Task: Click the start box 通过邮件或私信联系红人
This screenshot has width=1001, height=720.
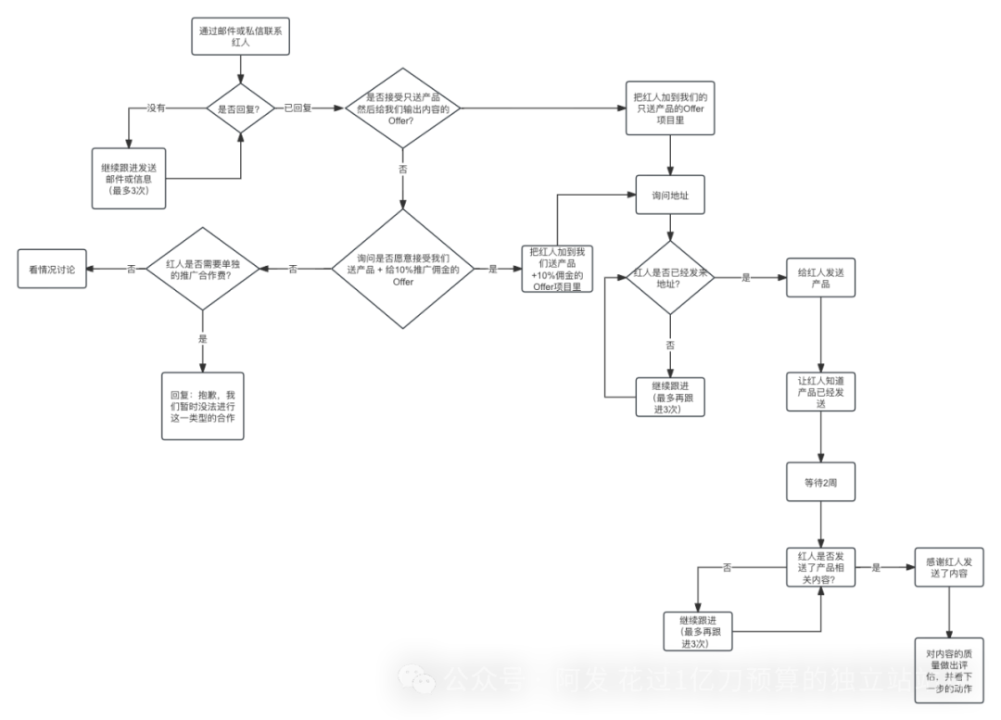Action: coord(243,37)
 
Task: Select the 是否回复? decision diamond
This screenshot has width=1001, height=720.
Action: coord(240,108)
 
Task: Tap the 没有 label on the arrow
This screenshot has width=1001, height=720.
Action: coord(156,108)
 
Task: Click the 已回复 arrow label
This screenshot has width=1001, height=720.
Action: coord(298,108)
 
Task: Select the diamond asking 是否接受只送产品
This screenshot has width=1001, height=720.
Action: coord(402,108)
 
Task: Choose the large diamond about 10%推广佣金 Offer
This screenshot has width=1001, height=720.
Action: coord(402,269)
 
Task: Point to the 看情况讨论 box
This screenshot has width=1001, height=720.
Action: coord(52,269)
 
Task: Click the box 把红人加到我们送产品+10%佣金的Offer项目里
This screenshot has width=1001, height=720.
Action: coord(556,269)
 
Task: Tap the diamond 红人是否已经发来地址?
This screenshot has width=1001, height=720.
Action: coord(670,277)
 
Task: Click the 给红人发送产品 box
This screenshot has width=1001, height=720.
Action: coord(820,277)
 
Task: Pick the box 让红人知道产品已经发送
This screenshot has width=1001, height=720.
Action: coord(820,392)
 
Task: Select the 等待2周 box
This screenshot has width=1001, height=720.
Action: coord(820,482)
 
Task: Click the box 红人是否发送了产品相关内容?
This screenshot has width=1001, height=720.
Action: coord(820,567)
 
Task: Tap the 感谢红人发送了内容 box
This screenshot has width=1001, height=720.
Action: coord(948,567)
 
